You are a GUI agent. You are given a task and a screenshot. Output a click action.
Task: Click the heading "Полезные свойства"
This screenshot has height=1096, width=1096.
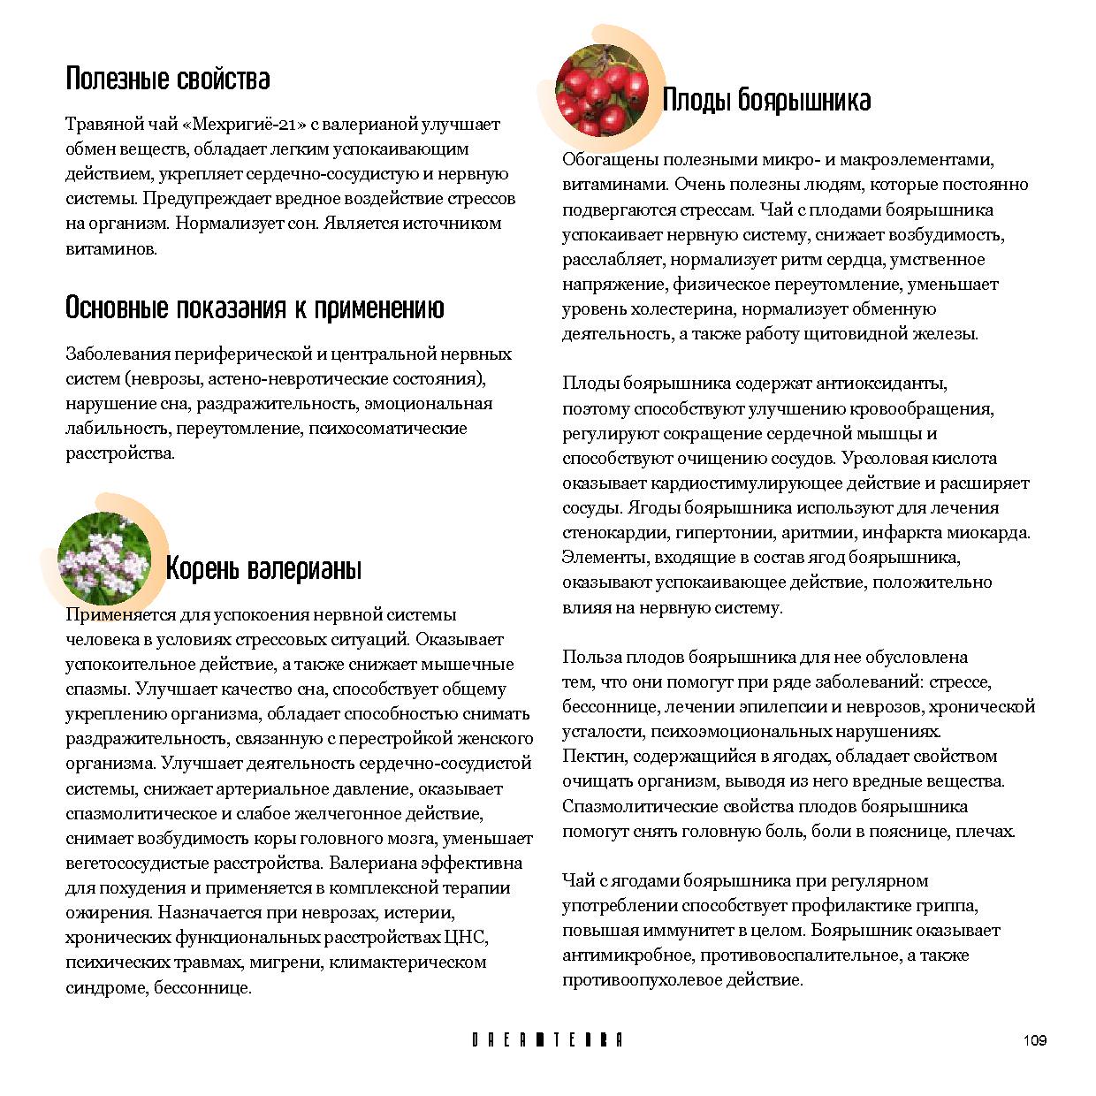coord(168,80)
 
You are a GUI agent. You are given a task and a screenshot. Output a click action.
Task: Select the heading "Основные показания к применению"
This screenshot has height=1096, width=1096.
coord(255,308)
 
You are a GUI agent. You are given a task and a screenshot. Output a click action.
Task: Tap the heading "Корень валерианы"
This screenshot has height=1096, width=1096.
coord(263,568)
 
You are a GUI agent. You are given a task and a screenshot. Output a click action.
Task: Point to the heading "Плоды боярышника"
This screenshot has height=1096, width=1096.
coord(766,100)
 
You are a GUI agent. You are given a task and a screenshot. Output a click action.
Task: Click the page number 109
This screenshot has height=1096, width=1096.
coord(1034,1040)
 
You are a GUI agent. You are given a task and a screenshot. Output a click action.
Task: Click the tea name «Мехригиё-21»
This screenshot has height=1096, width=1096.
coord(238,125)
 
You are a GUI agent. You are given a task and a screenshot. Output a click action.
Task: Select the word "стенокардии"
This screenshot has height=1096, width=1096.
coord(615,533)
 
